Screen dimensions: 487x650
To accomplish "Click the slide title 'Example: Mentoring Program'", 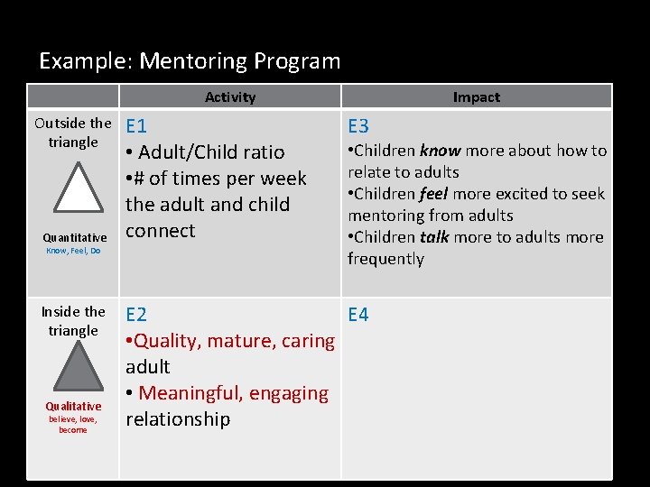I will tap(190, 61).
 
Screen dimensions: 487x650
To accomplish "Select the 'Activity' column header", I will tap(230, 96).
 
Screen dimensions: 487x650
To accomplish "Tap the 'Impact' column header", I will tap(476, 96).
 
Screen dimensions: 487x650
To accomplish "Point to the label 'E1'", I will tap(137, 126).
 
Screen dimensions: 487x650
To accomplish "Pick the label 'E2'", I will tap(136, 315).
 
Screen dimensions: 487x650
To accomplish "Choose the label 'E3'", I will tap(358, 126).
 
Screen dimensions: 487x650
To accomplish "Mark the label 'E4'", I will tap(358, 315).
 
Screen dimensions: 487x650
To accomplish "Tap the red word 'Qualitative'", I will tap(73, 406).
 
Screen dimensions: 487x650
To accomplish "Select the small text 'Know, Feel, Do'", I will tap(73, 251).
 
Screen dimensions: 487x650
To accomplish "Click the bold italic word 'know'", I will tap(440, 151).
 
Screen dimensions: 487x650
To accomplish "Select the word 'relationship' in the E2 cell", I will tap(178, 419).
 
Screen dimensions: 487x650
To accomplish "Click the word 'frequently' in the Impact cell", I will tap(385, 259).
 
